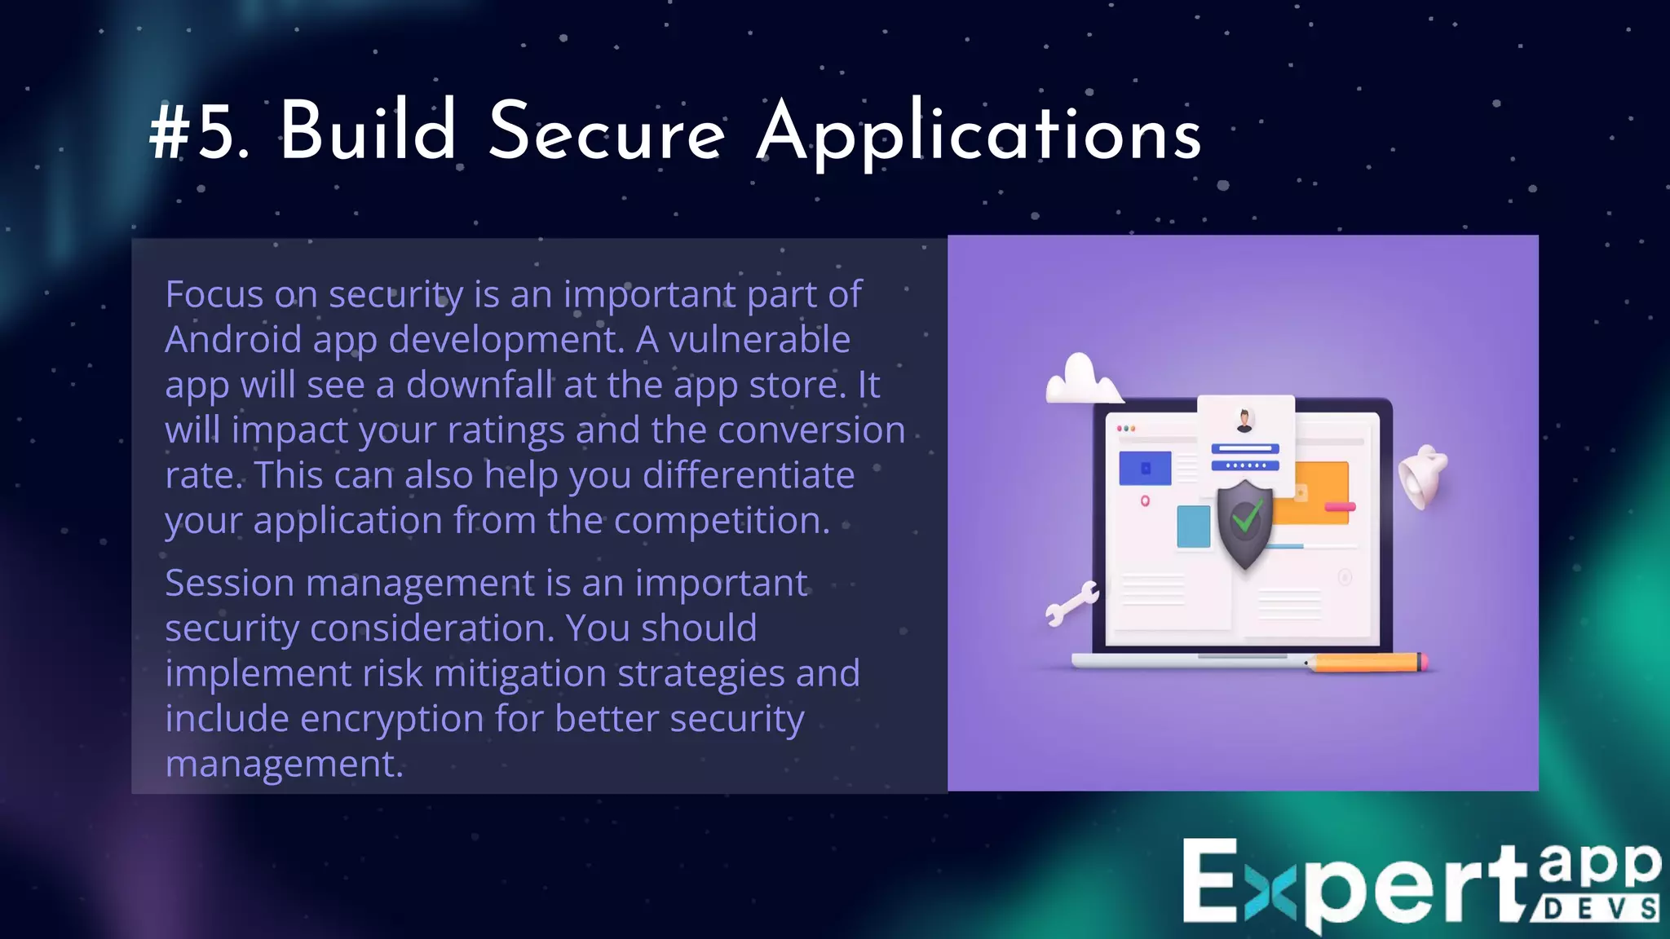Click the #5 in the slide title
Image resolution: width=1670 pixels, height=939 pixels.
click(198, 133)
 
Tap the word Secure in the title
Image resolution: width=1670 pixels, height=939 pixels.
click(607, 133)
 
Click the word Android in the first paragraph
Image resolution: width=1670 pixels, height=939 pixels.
click(233, 339)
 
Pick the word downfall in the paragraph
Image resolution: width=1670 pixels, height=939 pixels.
click(479, 385)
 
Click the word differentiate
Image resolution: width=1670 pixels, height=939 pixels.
click(749, 475)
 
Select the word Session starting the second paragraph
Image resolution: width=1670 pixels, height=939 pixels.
click(229, 584)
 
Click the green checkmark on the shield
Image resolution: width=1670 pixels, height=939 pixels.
click(1247, 517)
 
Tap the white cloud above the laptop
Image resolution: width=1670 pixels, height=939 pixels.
click(1081, 379)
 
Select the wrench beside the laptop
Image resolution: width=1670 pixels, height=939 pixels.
click(1071, 603)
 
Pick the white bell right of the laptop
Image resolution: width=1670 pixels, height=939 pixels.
click(1423, 478)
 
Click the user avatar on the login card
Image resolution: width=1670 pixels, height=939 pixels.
click(1244, 421)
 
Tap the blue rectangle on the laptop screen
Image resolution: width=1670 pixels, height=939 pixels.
click(1145, 468)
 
